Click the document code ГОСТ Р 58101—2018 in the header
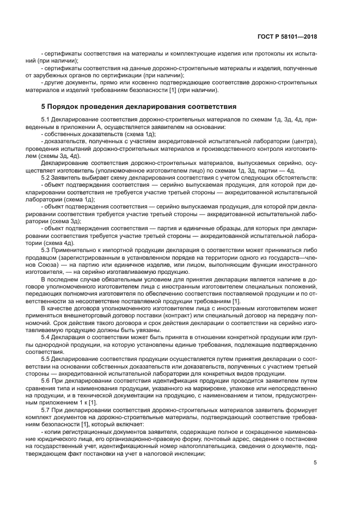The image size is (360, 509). (x=289, y=37)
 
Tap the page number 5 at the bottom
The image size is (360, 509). (x=315, y=463)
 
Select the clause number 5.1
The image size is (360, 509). (x=46, y=119)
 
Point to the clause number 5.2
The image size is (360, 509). (x=46, y=178)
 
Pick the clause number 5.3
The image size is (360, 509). (x=46, y=249)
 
